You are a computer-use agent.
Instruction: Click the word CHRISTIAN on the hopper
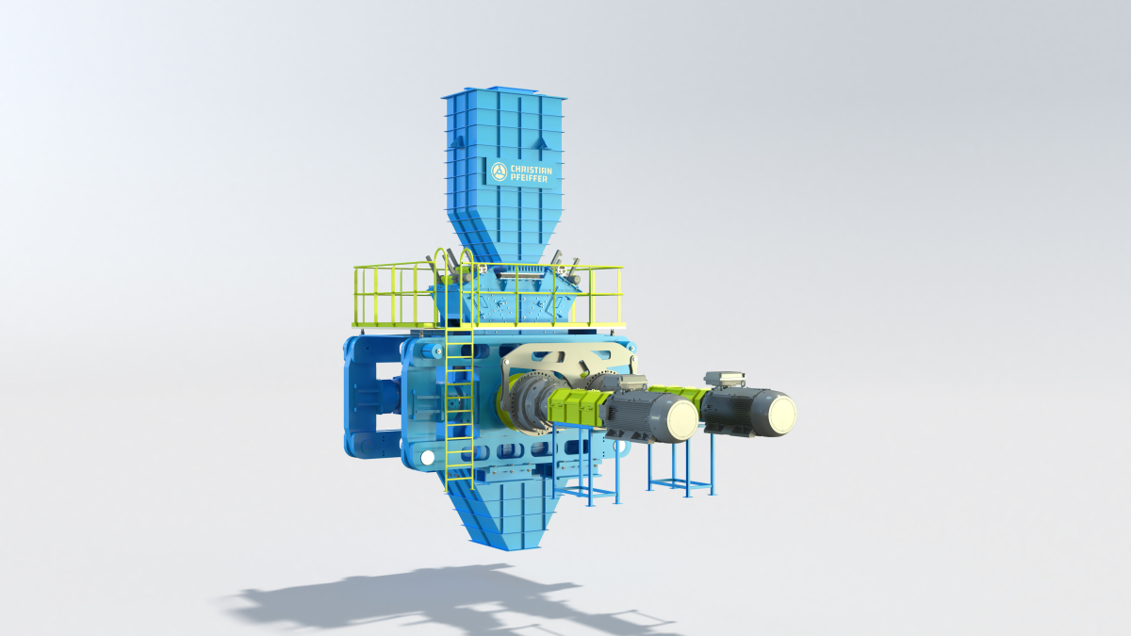pyautogui.click(x=532, y=170)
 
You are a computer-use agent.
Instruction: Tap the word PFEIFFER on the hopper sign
pyautogui.click(x=529, y=178)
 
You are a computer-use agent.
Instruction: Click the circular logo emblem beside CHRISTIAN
pyautogui.click(x=500, y=171)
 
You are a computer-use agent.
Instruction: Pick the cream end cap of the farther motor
pyautogui.click(x=780, y=414)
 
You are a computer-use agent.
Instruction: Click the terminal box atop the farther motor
pyautogui.click(x=725, y=379)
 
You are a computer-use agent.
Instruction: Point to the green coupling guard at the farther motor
pyautogui.click(x=680, y=394)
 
